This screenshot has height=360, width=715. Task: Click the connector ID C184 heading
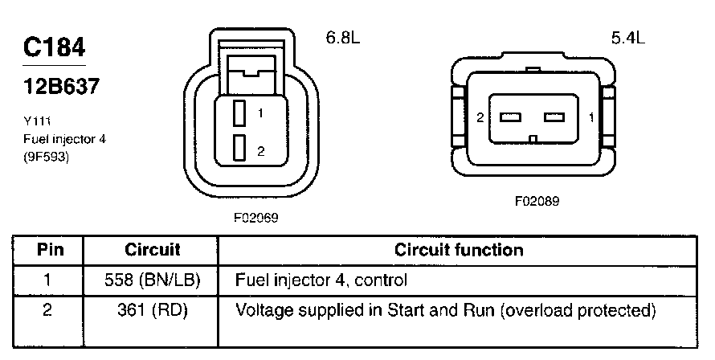55,47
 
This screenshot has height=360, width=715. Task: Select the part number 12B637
61,86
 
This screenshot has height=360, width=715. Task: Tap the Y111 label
37,121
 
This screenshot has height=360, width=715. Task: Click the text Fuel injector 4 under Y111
65,139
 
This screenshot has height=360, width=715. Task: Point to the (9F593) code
46,157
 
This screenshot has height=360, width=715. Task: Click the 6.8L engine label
343,38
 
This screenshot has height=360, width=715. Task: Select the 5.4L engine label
628,38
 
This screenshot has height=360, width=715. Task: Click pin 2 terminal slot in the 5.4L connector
510,117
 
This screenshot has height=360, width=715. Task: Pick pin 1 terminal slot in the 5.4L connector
554,117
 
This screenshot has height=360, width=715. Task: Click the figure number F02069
255,218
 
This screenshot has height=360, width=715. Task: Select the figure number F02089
537,201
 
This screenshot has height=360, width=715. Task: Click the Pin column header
50,250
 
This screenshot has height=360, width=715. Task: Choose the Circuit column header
153,250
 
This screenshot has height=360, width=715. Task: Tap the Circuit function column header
459,250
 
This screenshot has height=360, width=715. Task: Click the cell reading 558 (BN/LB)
153,280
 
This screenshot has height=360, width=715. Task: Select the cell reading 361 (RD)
153,310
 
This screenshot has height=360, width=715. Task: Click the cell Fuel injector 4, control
321,280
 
